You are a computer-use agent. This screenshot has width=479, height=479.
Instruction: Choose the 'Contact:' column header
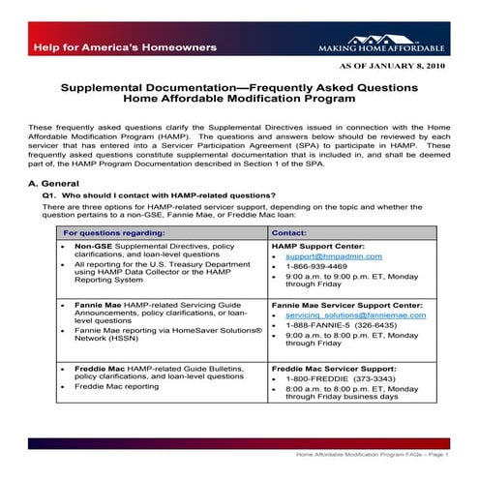289,233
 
